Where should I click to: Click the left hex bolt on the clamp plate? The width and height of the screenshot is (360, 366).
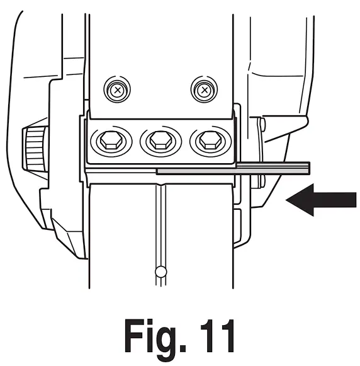(x=111, y=140)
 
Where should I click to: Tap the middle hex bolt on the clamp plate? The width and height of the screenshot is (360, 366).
(x=160, y=140)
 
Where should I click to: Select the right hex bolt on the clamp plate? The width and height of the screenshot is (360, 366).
(x=210, y=140)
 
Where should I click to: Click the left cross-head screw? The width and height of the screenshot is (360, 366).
(x=117, y=89)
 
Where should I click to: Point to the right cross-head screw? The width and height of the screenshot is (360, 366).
(x=205, y=89)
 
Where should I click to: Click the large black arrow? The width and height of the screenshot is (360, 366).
(x=321, y=200)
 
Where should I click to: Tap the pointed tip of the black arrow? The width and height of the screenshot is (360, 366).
(x=286, y=200)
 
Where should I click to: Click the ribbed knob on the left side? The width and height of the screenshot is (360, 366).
(x=35, y=149)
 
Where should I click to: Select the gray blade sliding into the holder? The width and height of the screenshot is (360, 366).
(x=233, y=169)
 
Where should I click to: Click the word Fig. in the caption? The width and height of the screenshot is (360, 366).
(x=155, y=337)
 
